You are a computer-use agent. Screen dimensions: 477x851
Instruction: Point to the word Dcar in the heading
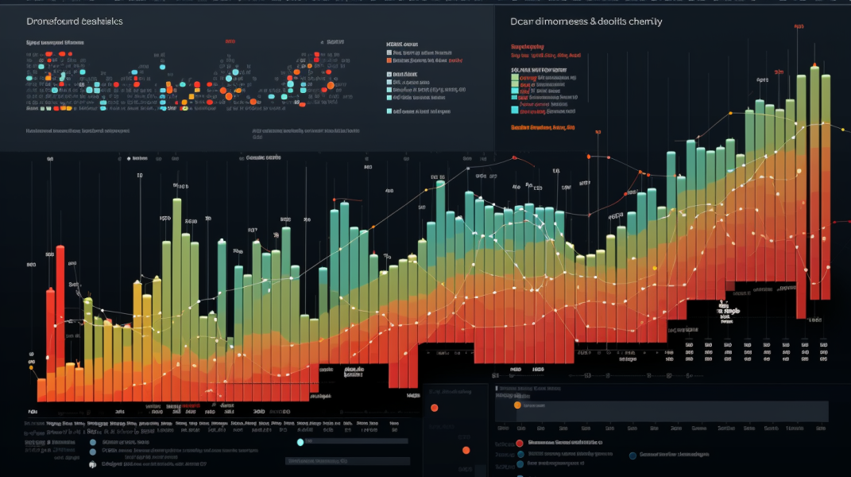(x=524, y=21)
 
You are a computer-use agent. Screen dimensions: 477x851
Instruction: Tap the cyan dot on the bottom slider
(x=300, y=442)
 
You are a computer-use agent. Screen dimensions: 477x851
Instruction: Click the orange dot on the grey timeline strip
(x=518, y=405)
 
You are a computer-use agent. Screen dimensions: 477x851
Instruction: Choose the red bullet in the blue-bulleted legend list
(x=519, y=443)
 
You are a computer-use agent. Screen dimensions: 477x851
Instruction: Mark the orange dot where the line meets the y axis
(x=32, y=367)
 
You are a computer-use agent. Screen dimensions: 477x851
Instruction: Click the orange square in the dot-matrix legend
(x=389, y=60)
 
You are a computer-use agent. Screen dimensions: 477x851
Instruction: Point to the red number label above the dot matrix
(x=230, y=40)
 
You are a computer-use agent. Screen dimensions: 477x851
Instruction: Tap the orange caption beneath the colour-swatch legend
(x=543, y=127)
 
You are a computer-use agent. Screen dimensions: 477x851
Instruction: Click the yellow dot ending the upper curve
(x=843, y=129)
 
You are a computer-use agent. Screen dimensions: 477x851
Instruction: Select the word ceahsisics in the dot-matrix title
(x=102, y=22)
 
